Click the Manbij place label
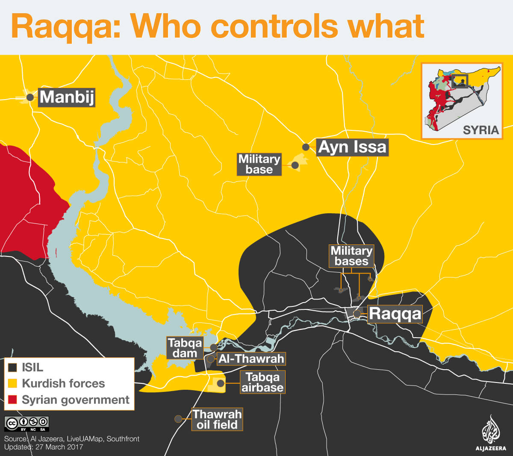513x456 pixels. pos(67,97)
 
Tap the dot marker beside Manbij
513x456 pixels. pos(30,97)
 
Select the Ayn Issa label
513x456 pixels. pos(352,147)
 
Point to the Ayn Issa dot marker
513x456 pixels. pos(306,147)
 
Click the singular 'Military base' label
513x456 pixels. pos(259,165)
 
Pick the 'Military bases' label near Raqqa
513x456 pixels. pos(351,256)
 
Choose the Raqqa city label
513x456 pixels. pos(395,314)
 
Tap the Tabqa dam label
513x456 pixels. pos(185,348)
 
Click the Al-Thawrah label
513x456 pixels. pos(251,359)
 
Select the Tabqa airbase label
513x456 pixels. pos(262,382)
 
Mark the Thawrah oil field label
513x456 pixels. pos(217,419)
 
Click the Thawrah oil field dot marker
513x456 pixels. pos(178,419)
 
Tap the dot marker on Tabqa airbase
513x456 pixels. pos(221,383)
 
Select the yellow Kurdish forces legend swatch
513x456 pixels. pos(13,383)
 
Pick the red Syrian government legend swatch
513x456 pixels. pos(13,400)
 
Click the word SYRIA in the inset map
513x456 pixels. pos(481,130)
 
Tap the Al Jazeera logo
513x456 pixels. pos(490,434)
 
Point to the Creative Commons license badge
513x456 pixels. pos(27,424)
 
